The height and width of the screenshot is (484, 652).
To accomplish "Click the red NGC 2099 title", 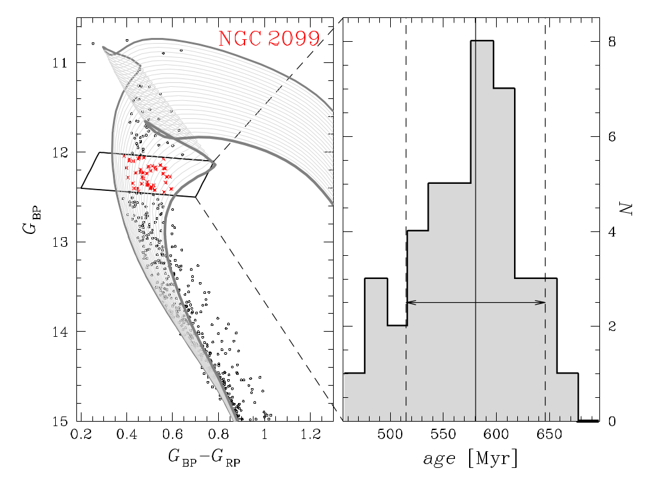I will pyautogui.click(x=269, y=39).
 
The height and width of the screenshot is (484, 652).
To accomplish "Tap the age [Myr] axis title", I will pyautogui.click(x=470, y=458).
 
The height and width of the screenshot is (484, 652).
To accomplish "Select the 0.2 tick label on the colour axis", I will pyautogui.click(x=80, y=435).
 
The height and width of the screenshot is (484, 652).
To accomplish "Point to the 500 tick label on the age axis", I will pyautogui.click(x=390, y=435).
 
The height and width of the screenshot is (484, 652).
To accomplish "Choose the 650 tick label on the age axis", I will pyautogui.click(x=545, y=435).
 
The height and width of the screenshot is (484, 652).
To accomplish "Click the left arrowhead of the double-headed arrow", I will pyautogui.click(x=409, y=302).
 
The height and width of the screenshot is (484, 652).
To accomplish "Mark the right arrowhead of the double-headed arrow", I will pyautogui.click(x=543, y=302).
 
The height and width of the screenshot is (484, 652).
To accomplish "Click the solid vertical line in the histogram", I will pyautogui.click(x=476, y=161).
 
